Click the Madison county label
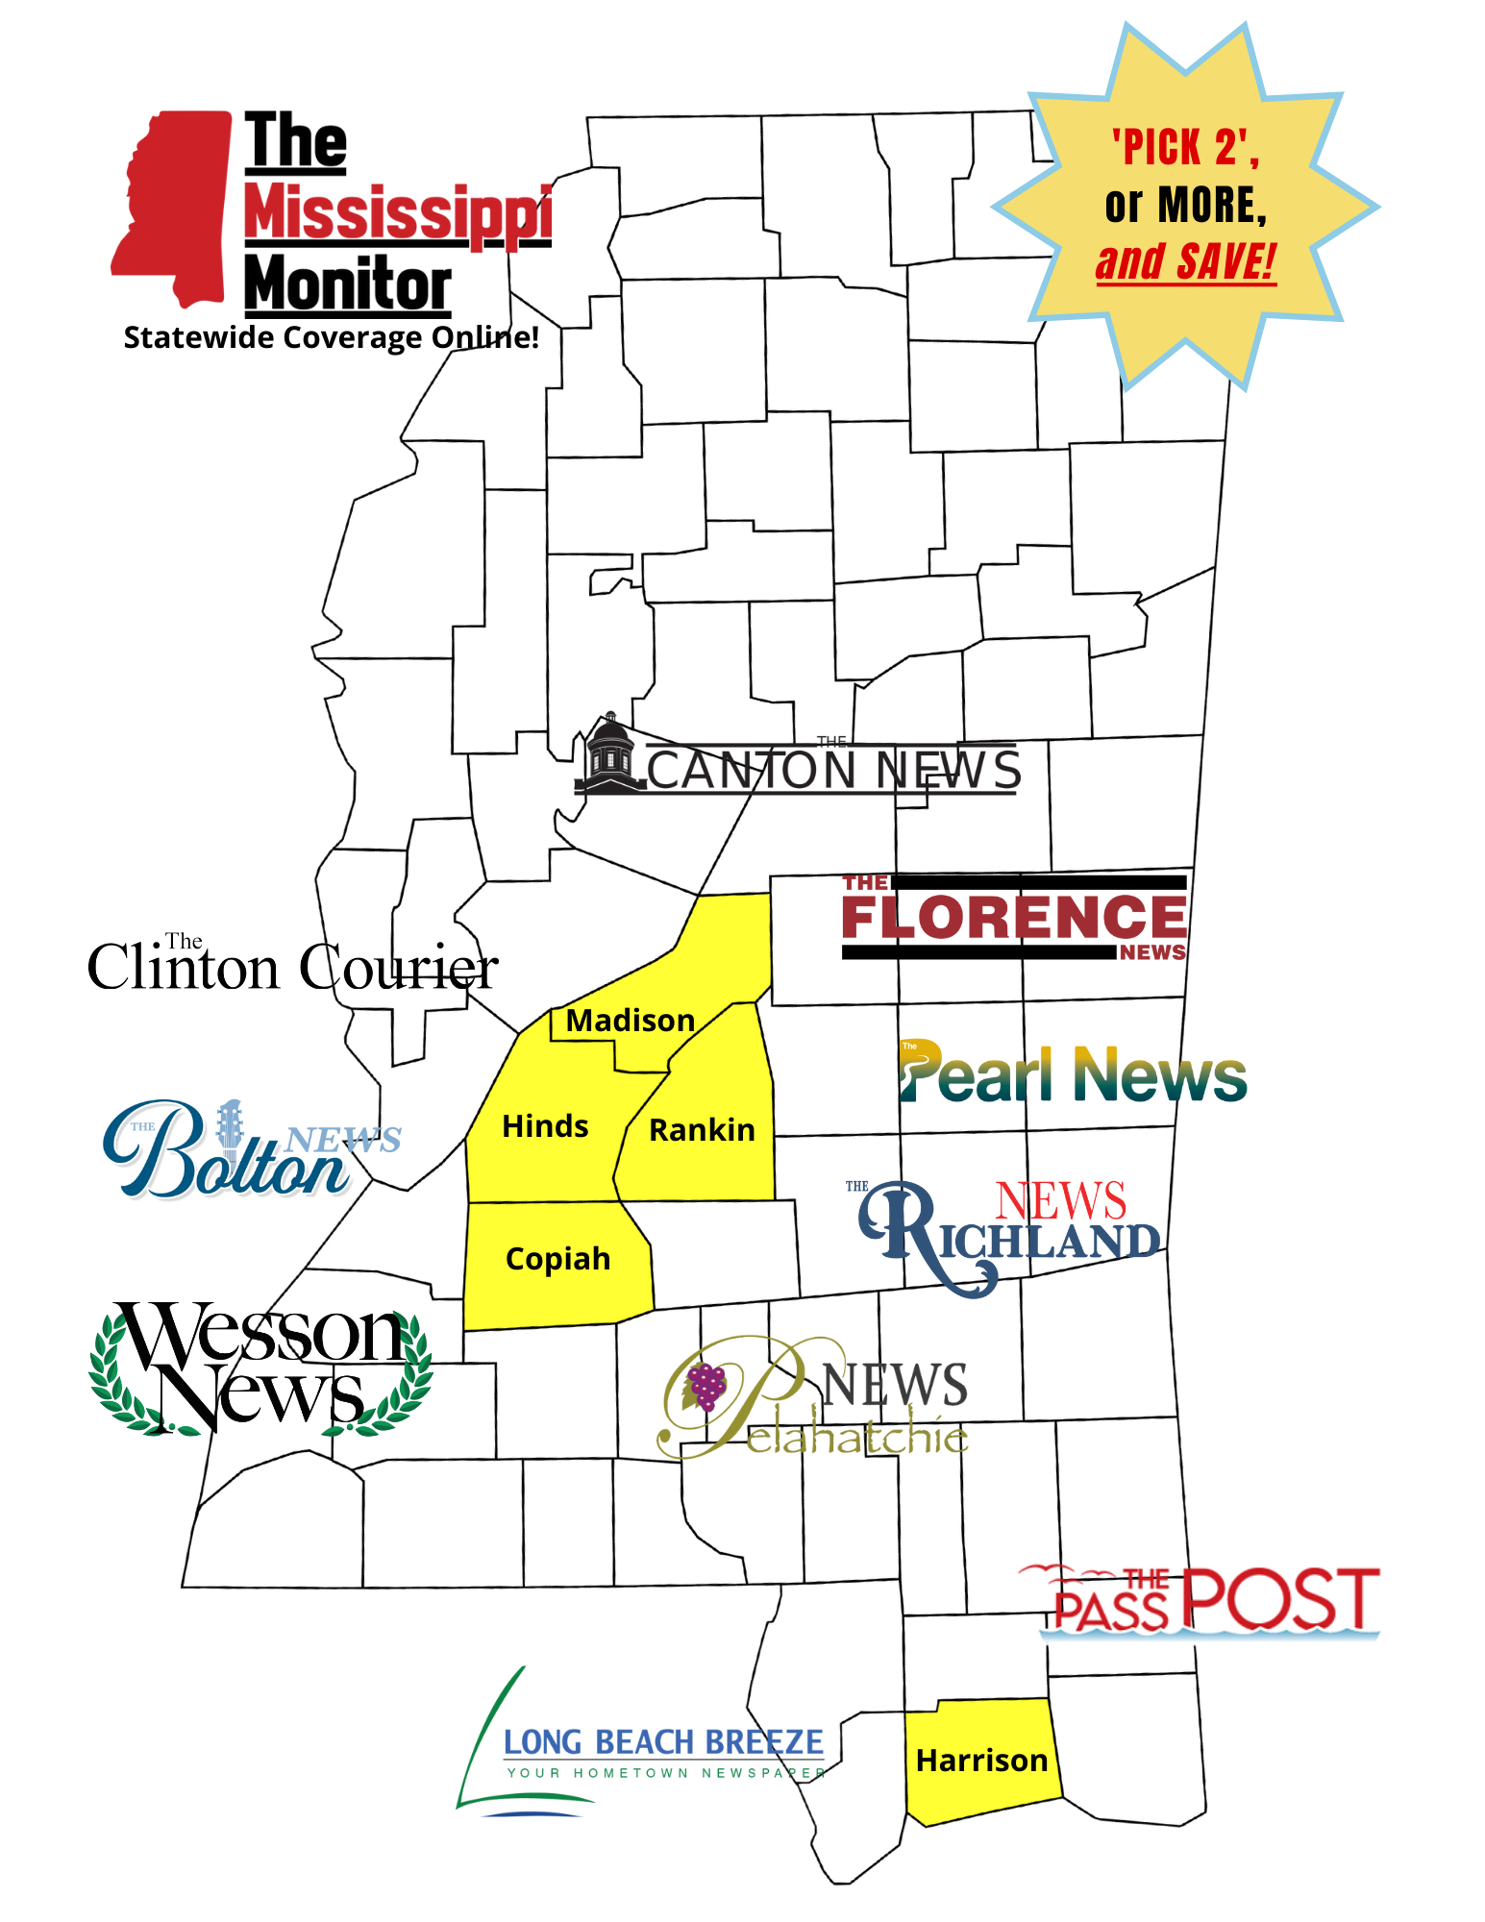(630, 1021)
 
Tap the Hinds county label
(545, 1126)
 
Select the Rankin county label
(702, 1130)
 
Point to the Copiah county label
(557, 1259)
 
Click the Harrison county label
(981, 1761)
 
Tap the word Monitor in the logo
(347, 285)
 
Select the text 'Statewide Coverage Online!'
(331, 338)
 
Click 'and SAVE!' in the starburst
(1186, 262)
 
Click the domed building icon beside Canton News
(609, 754)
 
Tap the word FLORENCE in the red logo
(1013, 917)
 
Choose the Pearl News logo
(1072, 1073)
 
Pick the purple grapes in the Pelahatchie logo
(706, 1387)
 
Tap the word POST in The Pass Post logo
(1280, 1598)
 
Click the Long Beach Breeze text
(663, 1742)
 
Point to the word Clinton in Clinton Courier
(183, 968)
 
